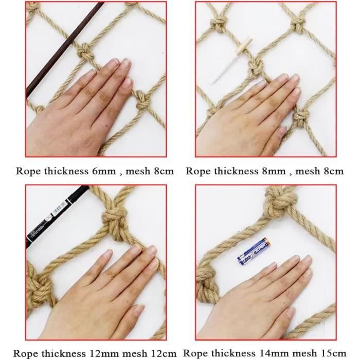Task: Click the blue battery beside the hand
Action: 253,251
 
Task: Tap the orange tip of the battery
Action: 266,241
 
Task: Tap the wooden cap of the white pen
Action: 243,46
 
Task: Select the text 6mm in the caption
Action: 103,171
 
